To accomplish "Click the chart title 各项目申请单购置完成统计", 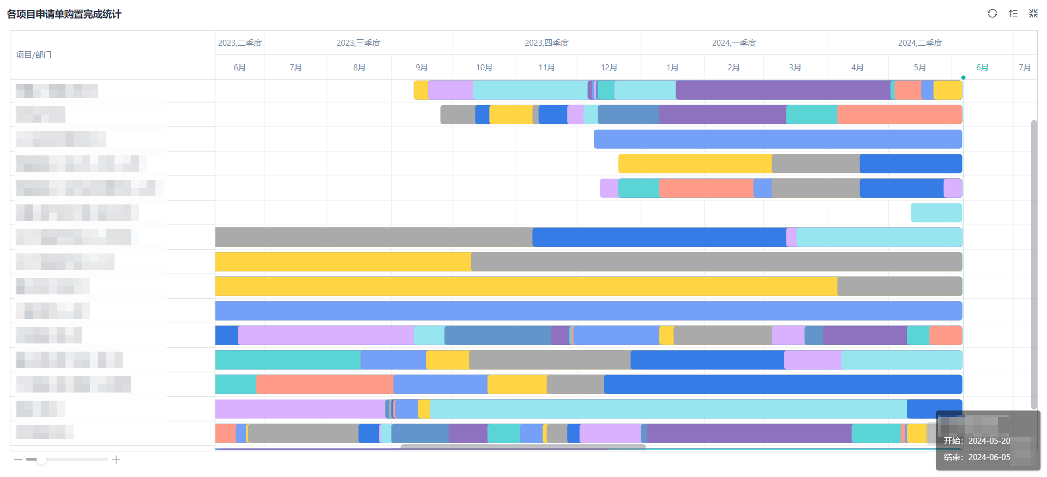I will [x=64, y=14].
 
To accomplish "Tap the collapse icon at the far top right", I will [x=1033, y=14].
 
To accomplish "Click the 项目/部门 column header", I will [x=34, y=55].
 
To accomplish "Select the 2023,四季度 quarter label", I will [x=546, y=43].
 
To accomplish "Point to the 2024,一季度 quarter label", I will [x=733, y=43].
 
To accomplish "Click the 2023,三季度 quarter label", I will [x=358, y=43].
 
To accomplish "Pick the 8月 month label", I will [x=359, y=68].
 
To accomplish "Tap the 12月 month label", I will [x=609, y=68].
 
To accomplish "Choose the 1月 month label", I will [x=672, y=68].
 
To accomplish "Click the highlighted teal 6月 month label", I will [x=982, y=68].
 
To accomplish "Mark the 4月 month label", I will [x=857, y=68].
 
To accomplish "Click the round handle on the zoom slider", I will [x=41, y=460].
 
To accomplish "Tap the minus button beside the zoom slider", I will [x=18, y=460].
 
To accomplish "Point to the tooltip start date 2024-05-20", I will [x=989, y=441].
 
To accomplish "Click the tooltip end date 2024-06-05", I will [x=989, y=457].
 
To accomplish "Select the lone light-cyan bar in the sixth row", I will [x=936, y=213].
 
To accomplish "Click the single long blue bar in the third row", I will [x=777, y=139].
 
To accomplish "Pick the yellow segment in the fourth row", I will [x=695, y=164].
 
